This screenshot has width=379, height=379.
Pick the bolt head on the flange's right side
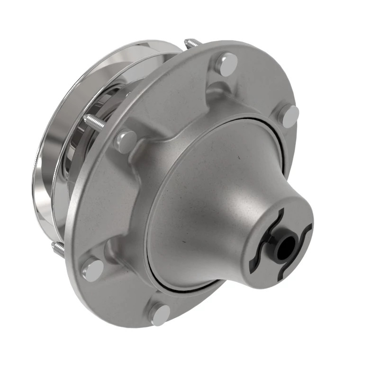[x=289, y=115]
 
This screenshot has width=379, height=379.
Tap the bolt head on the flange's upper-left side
[x=126, y=141]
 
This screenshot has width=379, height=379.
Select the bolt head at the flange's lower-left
[x=92, y=270]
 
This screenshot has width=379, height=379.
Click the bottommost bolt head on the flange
[x=160, y=314]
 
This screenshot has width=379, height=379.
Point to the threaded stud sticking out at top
[x=191, y=44]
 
